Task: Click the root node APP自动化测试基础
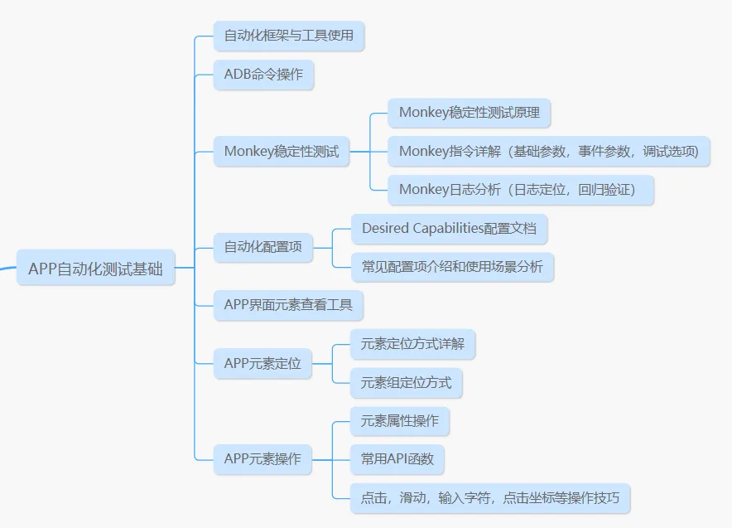[x=95, y=269]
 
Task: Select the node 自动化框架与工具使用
[x=288, y=36]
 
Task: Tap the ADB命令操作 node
[x=263, y=75]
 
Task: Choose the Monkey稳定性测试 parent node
[x=282, y=152]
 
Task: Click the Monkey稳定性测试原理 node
[x=469, y=113]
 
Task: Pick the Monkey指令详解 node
[x=548, y=152]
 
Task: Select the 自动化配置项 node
[x=263, y=247]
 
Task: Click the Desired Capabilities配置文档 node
[x=449, y=229]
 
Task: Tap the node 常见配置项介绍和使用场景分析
[x=452, y=267]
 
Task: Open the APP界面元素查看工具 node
[x=288, y=305]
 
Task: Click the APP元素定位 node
[x=262, y=363]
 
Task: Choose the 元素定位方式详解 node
[x=412, y=344]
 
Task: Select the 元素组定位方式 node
[x=406, y=383]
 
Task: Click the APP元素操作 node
[x=262, y=459]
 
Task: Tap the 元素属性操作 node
[x=399, y=421]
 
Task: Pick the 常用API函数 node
[x=397, y=459]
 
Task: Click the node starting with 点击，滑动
[x=490, y=499]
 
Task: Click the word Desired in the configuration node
[x=384, y=229]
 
